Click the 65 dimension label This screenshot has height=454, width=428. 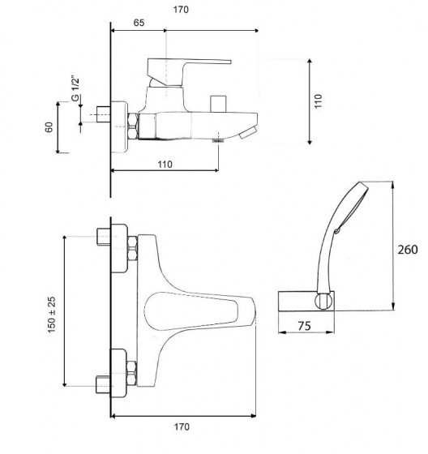[x=139, y=24]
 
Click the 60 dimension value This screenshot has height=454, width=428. [x=49, y=127]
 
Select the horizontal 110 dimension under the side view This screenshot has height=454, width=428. [x=165, y=164]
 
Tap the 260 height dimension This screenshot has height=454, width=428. [x=408, y=249]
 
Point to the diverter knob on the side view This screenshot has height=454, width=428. [x=216, y=104]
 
